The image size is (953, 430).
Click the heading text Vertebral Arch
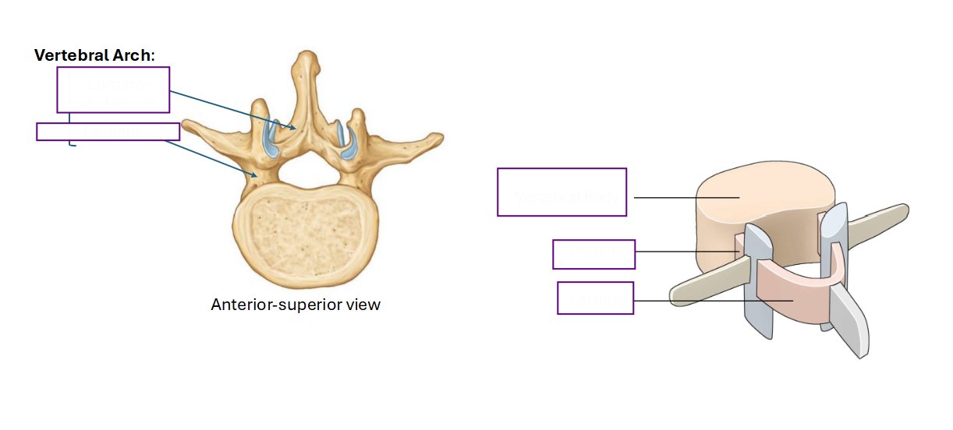click(x=94, y=56)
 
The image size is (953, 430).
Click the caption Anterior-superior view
click(x=296, y=305)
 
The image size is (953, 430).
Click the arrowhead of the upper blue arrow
click(x=294, y=129)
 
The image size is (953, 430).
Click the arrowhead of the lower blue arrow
click(x=255, y=174)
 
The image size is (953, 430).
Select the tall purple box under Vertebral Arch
click(x=113, y=90)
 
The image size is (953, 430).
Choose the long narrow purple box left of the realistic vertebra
click(x=108, y=132)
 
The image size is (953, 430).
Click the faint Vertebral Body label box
click(x=562, y=192)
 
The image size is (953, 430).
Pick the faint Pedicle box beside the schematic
click(x=593, y=254)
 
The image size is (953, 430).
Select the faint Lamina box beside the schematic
click(x=595, y=298)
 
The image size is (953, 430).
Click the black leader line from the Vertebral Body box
click(x=686, y=197)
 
